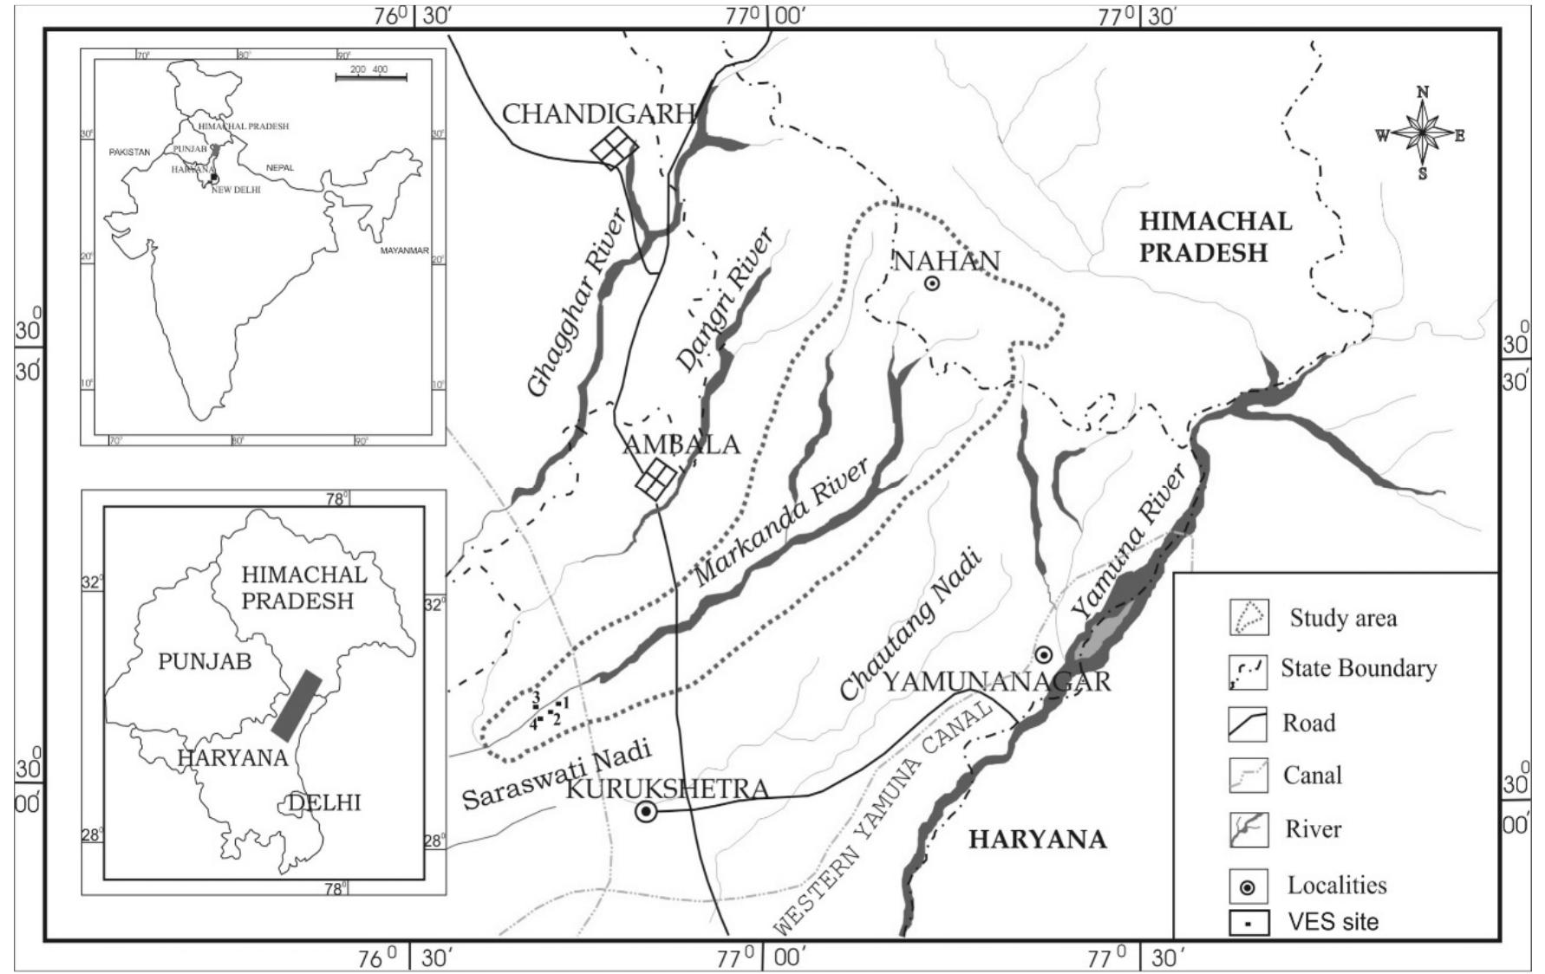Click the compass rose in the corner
tap(1422, 134)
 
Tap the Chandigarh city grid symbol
tap(614, 148)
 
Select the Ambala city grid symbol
tap(656, 478)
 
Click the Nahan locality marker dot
tap(932, 283)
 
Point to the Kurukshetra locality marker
tap(646, 812)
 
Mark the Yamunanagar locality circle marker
tap(1044, 654)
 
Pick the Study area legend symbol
tap(1248, 617)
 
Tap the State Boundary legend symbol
tap(1248, 670)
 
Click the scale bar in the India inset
tap(371, 78)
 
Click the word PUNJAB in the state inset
tap(205, 662)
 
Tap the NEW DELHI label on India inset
tap(236, 190)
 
